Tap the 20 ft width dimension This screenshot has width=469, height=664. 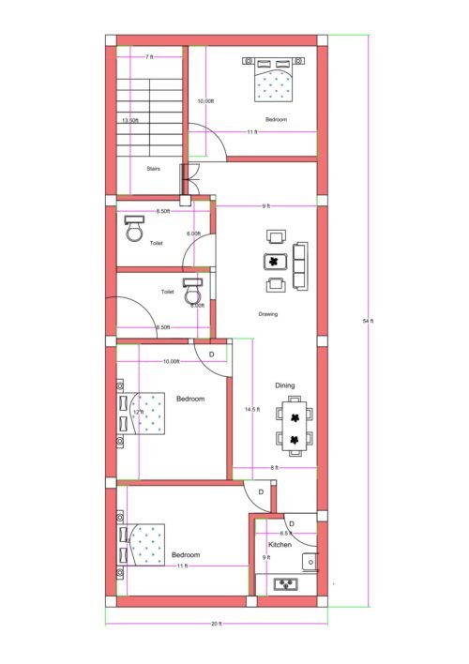(x=217, y=624)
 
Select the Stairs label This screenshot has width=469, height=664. (x=153, y=169)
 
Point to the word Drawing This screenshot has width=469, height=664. (x=268, y=314)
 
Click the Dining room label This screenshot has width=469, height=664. (x=285, y=385)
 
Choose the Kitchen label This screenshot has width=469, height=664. (x=280, y=545)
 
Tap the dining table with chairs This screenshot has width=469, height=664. (x=295, y=427)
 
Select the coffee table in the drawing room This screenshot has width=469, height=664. (x=276, y=261)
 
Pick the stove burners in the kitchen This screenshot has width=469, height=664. (x=285, y=584)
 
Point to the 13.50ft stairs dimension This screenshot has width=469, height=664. (x=130, y=121)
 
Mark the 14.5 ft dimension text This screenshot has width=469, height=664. (x=253, y=409)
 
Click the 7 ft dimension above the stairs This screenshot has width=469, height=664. (x=149, y=58)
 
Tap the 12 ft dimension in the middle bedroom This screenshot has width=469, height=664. (x=139, y=412)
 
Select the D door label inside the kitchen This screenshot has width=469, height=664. (x=292, y=523)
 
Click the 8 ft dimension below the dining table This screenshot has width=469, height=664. (x=274, y=467)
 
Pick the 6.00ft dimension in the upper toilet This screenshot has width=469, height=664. (x=194, y=234)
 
